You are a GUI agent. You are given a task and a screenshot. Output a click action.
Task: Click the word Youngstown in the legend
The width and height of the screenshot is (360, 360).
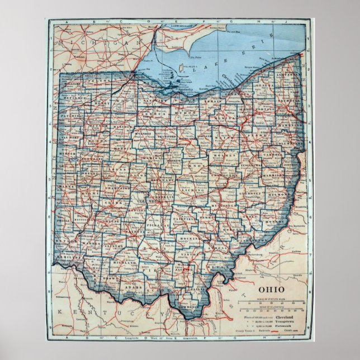point(285,322)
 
